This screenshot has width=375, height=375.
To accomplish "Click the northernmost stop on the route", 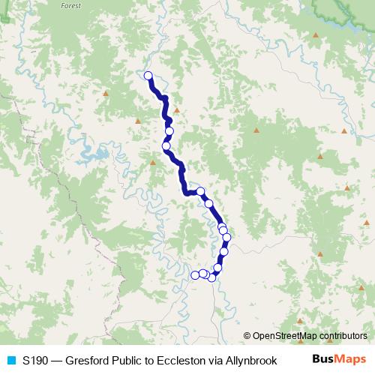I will (x=148, y=75).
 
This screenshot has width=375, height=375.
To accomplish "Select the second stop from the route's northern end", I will (x=169, y=131).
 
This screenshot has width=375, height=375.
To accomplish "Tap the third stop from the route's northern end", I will (x=166, y=146).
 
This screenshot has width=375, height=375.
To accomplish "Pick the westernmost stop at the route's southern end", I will (x=196, y=275).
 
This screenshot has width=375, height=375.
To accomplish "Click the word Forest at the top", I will (x=70, y=4).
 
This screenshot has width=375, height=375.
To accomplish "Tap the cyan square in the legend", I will (x=10, y=360).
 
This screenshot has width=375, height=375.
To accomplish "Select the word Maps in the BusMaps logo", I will (x=346, y=359).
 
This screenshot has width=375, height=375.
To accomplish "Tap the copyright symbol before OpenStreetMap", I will (x=247, y=336).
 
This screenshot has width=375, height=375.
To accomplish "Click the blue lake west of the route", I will (x=94, y=158).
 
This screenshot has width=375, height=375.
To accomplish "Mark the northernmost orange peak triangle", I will (x=316, y=35).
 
